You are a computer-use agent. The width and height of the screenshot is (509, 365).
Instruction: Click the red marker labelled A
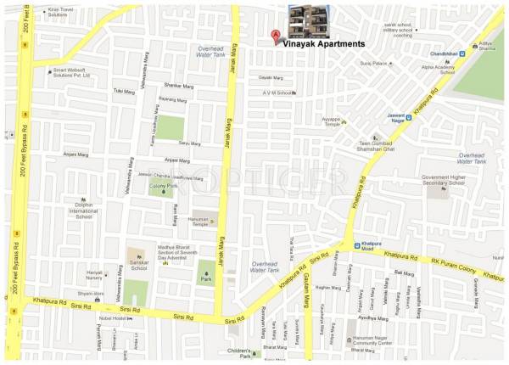click(x=275, y=36)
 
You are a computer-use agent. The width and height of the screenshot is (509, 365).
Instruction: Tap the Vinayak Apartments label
click(x=324, y=42)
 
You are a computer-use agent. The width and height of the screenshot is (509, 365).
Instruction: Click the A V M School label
click(x=276, y=93)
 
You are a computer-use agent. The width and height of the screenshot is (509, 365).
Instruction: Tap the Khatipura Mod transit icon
click(x=357, y=244)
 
